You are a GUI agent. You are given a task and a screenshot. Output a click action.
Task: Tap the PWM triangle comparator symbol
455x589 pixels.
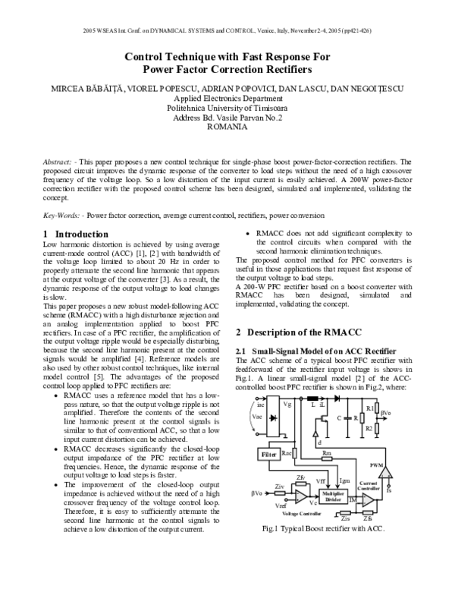388,472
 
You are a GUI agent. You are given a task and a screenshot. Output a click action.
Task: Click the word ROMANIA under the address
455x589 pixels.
227,128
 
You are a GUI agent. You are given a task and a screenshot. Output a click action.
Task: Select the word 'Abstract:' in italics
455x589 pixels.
58,162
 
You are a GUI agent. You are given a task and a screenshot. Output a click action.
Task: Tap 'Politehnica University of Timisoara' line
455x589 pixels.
227,109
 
